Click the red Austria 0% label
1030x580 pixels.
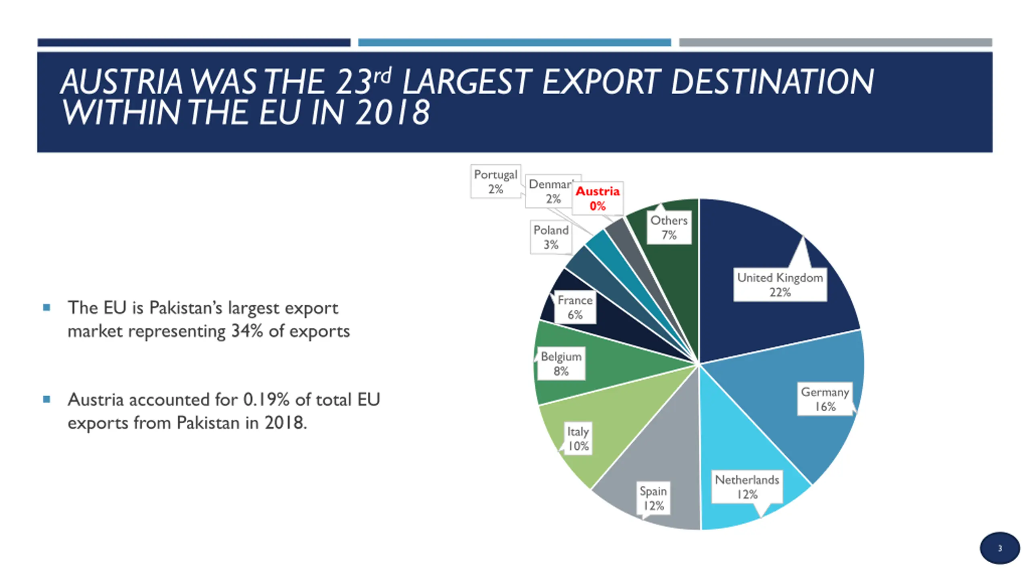(x=597, y=198)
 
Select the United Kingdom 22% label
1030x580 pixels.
(x=780, y=285)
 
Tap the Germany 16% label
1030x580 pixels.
(x=825, y=399)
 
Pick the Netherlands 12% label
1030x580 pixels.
(x=747, y=487)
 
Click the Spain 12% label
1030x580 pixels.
(x=653, y=498)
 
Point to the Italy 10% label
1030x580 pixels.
(x=578, y=439)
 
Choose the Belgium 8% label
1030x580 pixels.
(x=561, y=364)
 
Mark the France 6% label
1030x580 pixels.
(x=575, y=307)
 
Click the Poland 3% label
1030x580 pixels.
(x=551, y=237)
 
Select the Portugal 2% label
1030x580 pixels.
(x=495, y=182)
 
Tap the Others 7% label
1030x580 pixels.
(x=669, y=228)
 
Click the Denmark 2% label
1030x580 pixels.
(x=550, y=191)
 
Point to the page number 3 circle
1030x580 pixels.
(x=999, y=548)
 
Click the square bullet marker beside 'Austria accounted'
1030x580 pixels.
(x=47, y=400)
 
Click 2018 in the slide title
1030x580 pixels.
(x=392, y=112)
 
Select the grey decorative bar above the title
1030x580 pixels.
(x=835, y=42)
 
